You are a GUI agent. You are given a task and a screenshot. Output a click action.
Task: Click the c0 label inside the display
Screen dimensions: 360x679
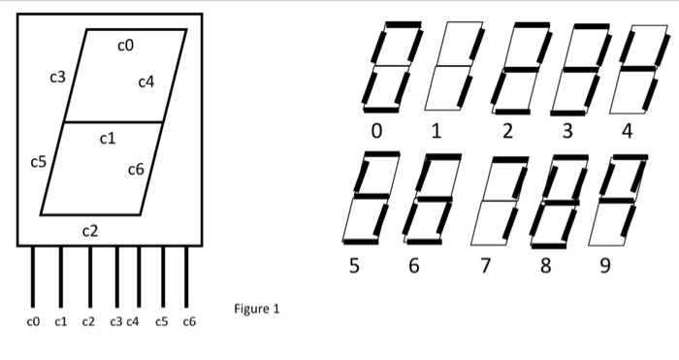pyautogui.click(x=125, y=45)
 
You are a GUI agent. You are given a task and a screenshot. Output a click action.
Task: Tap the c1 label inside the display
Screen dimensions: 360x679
pyautogui.click(x=108, y=139)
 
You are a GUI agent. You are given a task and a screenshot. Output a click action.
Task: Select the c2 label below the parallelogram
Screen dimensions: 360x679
pyautogui.click(x=90, y=231)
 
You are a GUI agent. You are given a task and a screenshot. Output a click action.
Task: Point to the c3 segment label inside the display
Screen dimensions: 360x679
pyautogui.click(x=57, y=77)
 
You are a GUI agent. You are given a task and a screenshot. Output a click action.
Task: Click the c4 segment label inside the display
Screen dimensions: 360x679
pyautogui.click(x=145, y=82)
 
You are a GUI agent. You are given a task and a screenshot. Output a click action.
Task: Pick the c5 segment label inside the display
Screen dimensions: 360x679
pyautogui.click(x=38, y=162)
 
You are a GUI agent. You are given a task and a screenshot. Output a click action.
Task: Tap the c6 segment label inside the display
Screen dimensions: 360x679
pyautogui.click(x=136, y=170)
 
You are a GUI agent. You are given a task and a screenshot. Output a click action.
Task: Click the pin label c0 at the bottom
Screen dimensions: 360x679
pyautogui.click(x=34, y=320)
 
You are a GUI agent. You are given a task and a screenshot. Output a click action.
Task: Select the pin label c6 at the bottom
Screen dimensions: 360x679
pyautogui.click(x=188, y=320)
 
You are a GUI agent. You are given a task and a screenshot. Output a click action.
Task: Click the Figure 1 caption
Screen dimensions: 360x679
pyautogui.click(x=257, y=310)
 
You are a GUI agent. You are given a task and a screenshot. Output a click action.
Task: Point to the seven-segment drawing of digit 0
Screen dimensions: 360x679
pyautogui.click(x=394, y=66)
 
